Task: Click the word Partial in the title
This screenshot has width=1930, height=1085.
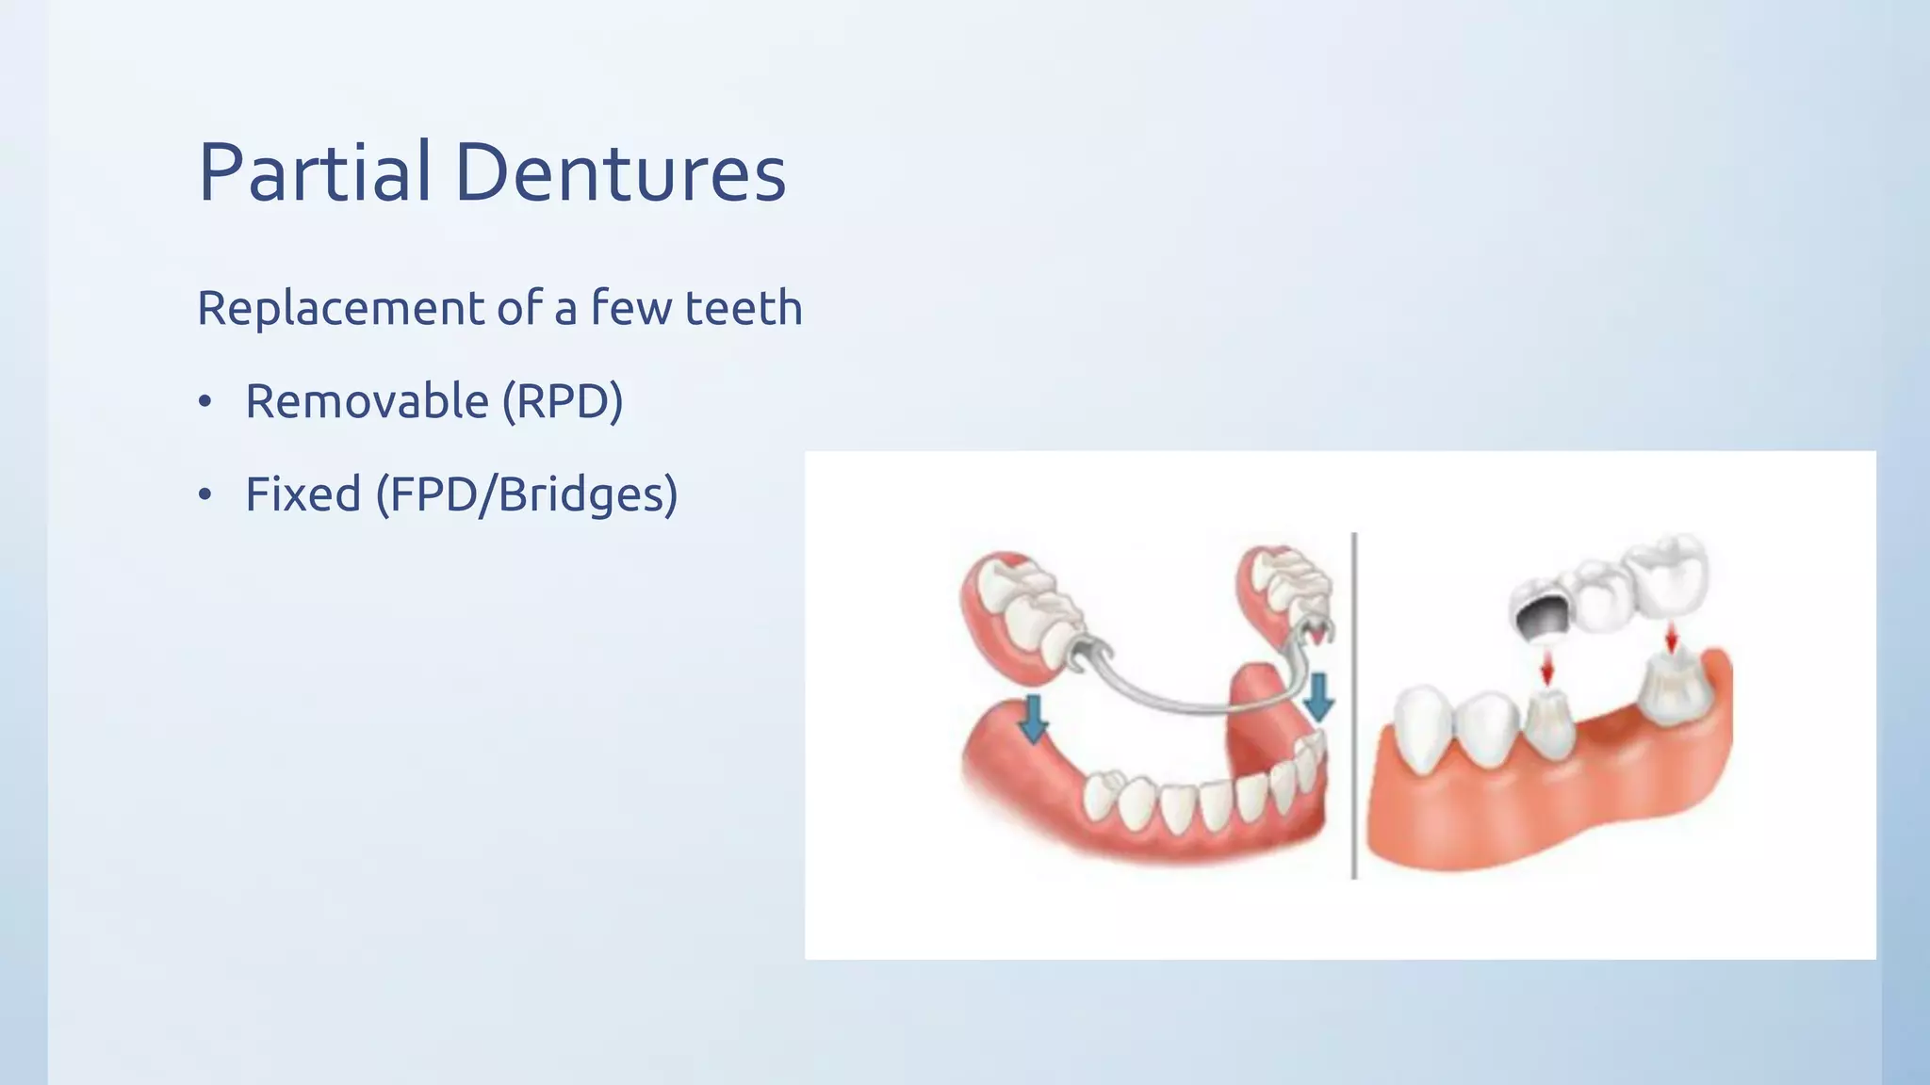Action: click(315, 173)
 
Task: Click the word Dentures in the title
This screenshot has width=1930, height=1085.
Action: click(620, 173)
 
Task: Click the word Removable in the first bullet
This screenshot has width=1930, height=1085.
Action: click(368, 401)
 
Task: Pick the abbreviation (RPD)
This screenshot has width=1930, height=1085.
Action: click(563, 402)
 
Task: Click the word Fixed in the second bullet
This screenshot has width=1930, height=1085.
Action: click(303, 494)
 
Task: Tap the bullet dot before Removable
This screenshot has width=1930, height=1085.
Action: click(205, 402)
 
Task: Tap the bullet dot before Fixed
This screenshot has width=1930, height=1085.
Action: click(205, 495)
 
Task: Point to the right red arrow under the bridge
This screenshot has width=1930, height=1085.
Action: click(1671, 638)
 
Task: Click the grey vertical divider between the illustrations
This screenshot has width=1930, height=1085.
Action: click(1354, 706)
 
